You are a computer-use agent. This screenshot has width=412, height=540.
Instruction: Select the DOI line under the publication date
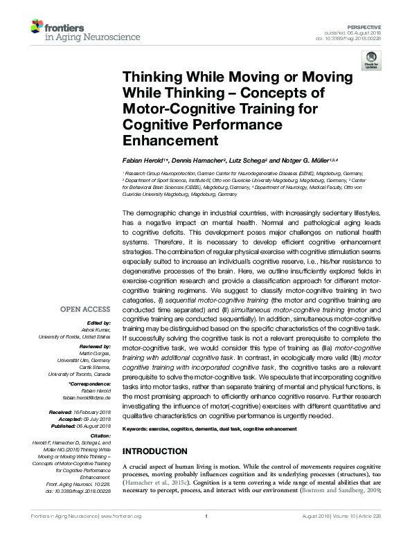pos(359,37)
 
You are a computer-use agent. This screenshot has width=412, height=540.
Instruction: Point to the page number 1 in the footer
pos(206,535)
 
